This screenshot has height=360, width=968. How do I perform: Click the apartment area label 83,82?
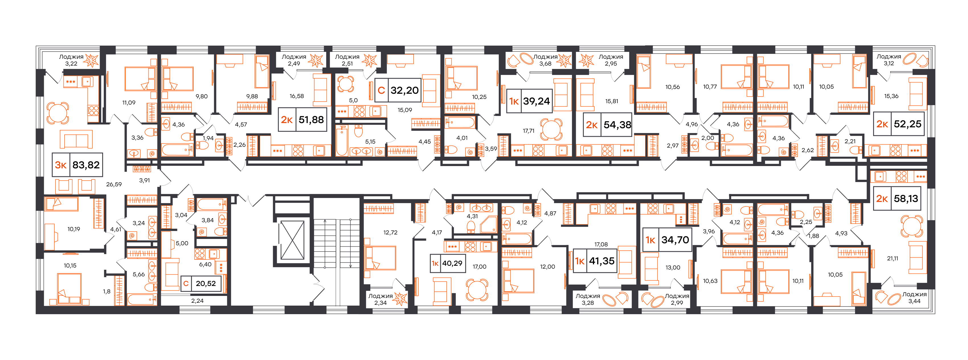click(x=86, y=165)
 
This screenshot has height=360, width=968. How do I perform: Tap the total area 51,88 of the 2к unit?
click(x=311, y=120)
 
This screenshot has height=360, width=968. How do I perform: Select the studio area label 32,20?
click(x=404, y=91)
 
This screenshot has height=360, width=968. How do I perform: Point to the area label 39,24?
click(x=536, y=101)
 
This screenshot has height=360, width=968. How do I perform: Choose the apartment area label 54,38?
click(x=617, y=125)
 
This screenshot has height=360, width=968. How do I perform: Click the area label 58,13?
click(x=906, y=199)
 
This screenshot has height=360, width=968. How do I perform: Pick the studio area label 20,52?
click(x=206, y=284)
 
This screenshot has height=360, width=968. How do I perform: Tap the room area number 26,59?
click(x=114, y=185)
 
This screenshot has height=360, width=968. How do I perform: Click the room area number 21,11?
click(x=893, y=259)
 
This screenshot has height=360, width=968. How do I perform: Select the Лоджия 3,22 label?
click(x=71, y=60)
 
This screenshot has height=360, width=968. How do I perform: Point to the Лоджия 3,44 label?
click(x=914, y=298)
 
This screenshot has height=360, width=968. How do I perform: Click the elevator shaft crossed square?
click(x=292, y=240)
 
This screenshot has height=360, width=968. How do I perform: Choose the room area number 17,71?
click(x=528, y=131)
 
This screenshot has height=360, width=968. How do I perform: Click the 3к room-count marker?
click(x=61, y=165)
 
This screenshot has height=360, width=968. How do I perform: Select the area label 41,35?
click(x=601, y=261)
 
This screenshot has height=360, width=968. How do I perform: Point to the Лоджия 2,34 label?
click(x=380, y=299)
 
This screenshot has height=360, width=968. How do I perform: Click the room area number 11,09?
click(x=129, y=103)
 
